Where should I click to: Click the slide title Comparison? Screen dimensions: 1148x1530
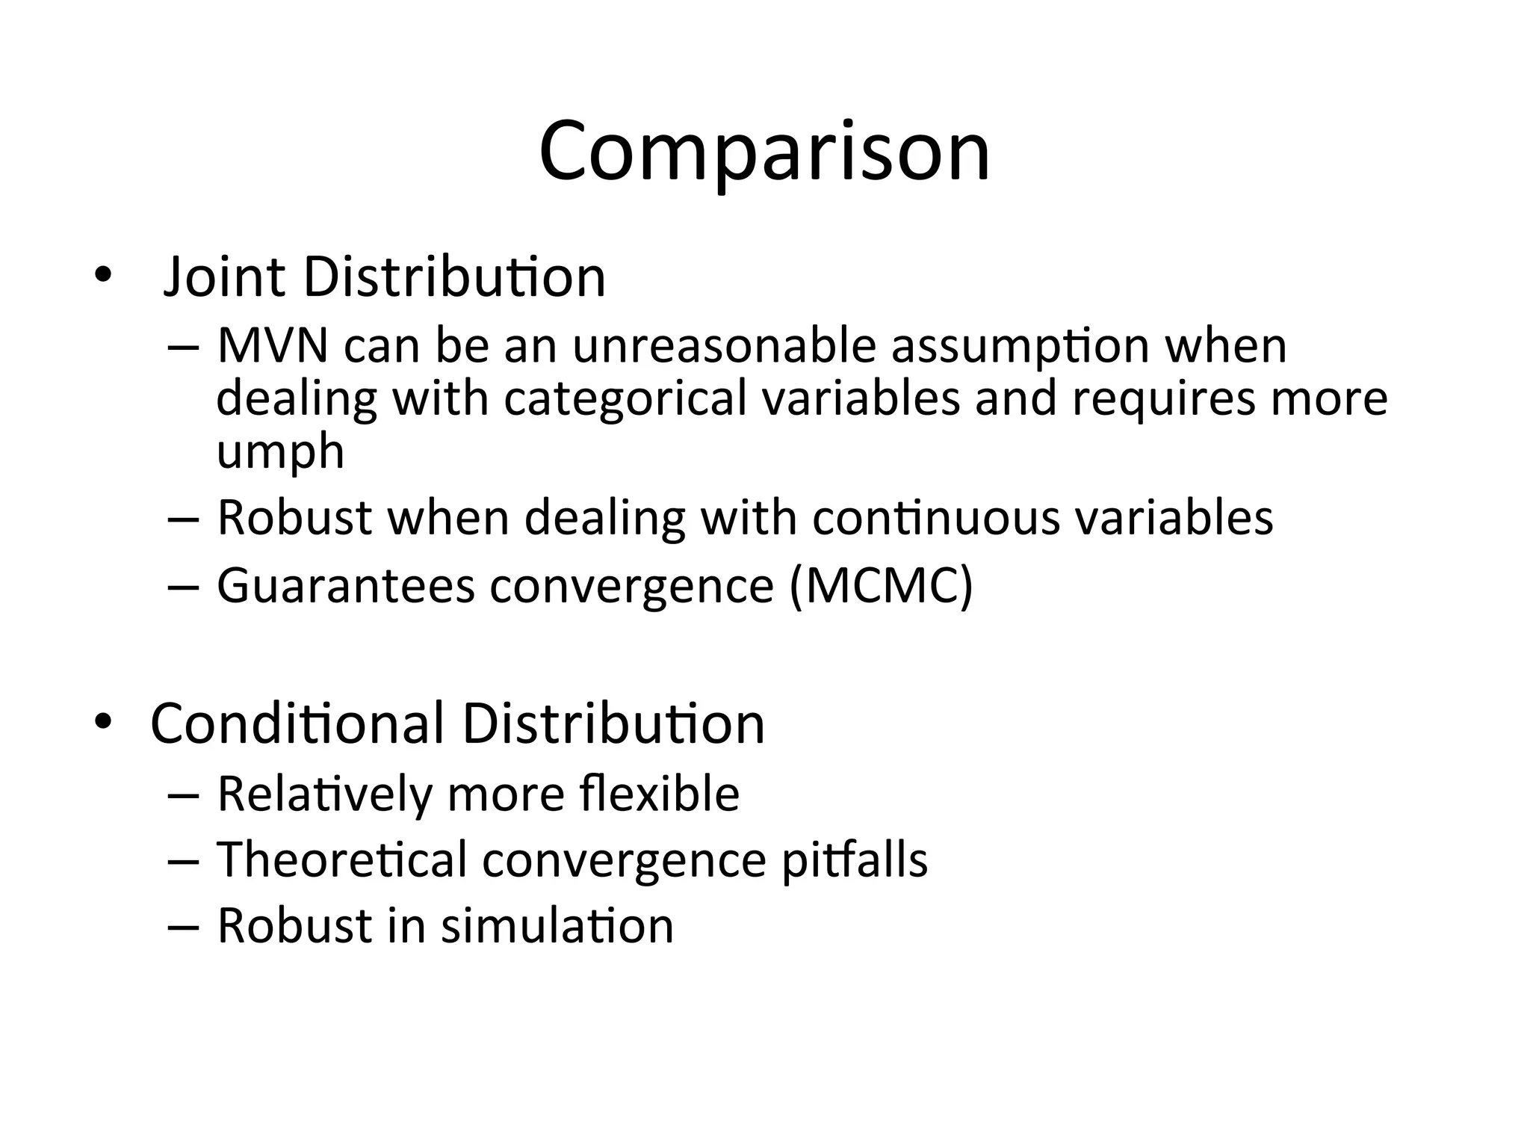764,153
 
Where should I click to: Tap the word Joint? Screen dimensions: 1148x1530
224,277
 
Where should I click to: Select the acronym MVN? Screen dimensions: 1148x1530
273,346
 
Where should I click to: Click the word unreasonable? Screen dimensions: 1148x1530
724,346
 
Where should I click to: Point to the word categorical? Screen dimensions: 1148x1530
625,398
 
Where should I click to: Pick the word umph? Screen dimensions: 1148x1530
280,451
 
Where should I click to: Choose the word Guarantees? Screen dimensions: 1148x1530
346,585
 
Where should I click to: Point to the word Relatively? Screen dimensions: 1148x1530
324,793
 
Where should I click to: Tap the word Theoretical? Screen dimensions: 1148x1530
342,860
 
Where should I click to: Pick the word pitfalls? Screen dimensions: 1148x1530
854,860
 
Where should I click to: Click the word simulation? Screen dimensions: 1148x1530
557,926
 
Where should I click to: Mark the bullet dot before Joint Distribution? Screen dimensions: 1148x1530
102,276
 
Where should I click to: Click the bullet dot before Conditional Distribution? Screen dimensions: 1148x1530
102,722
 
